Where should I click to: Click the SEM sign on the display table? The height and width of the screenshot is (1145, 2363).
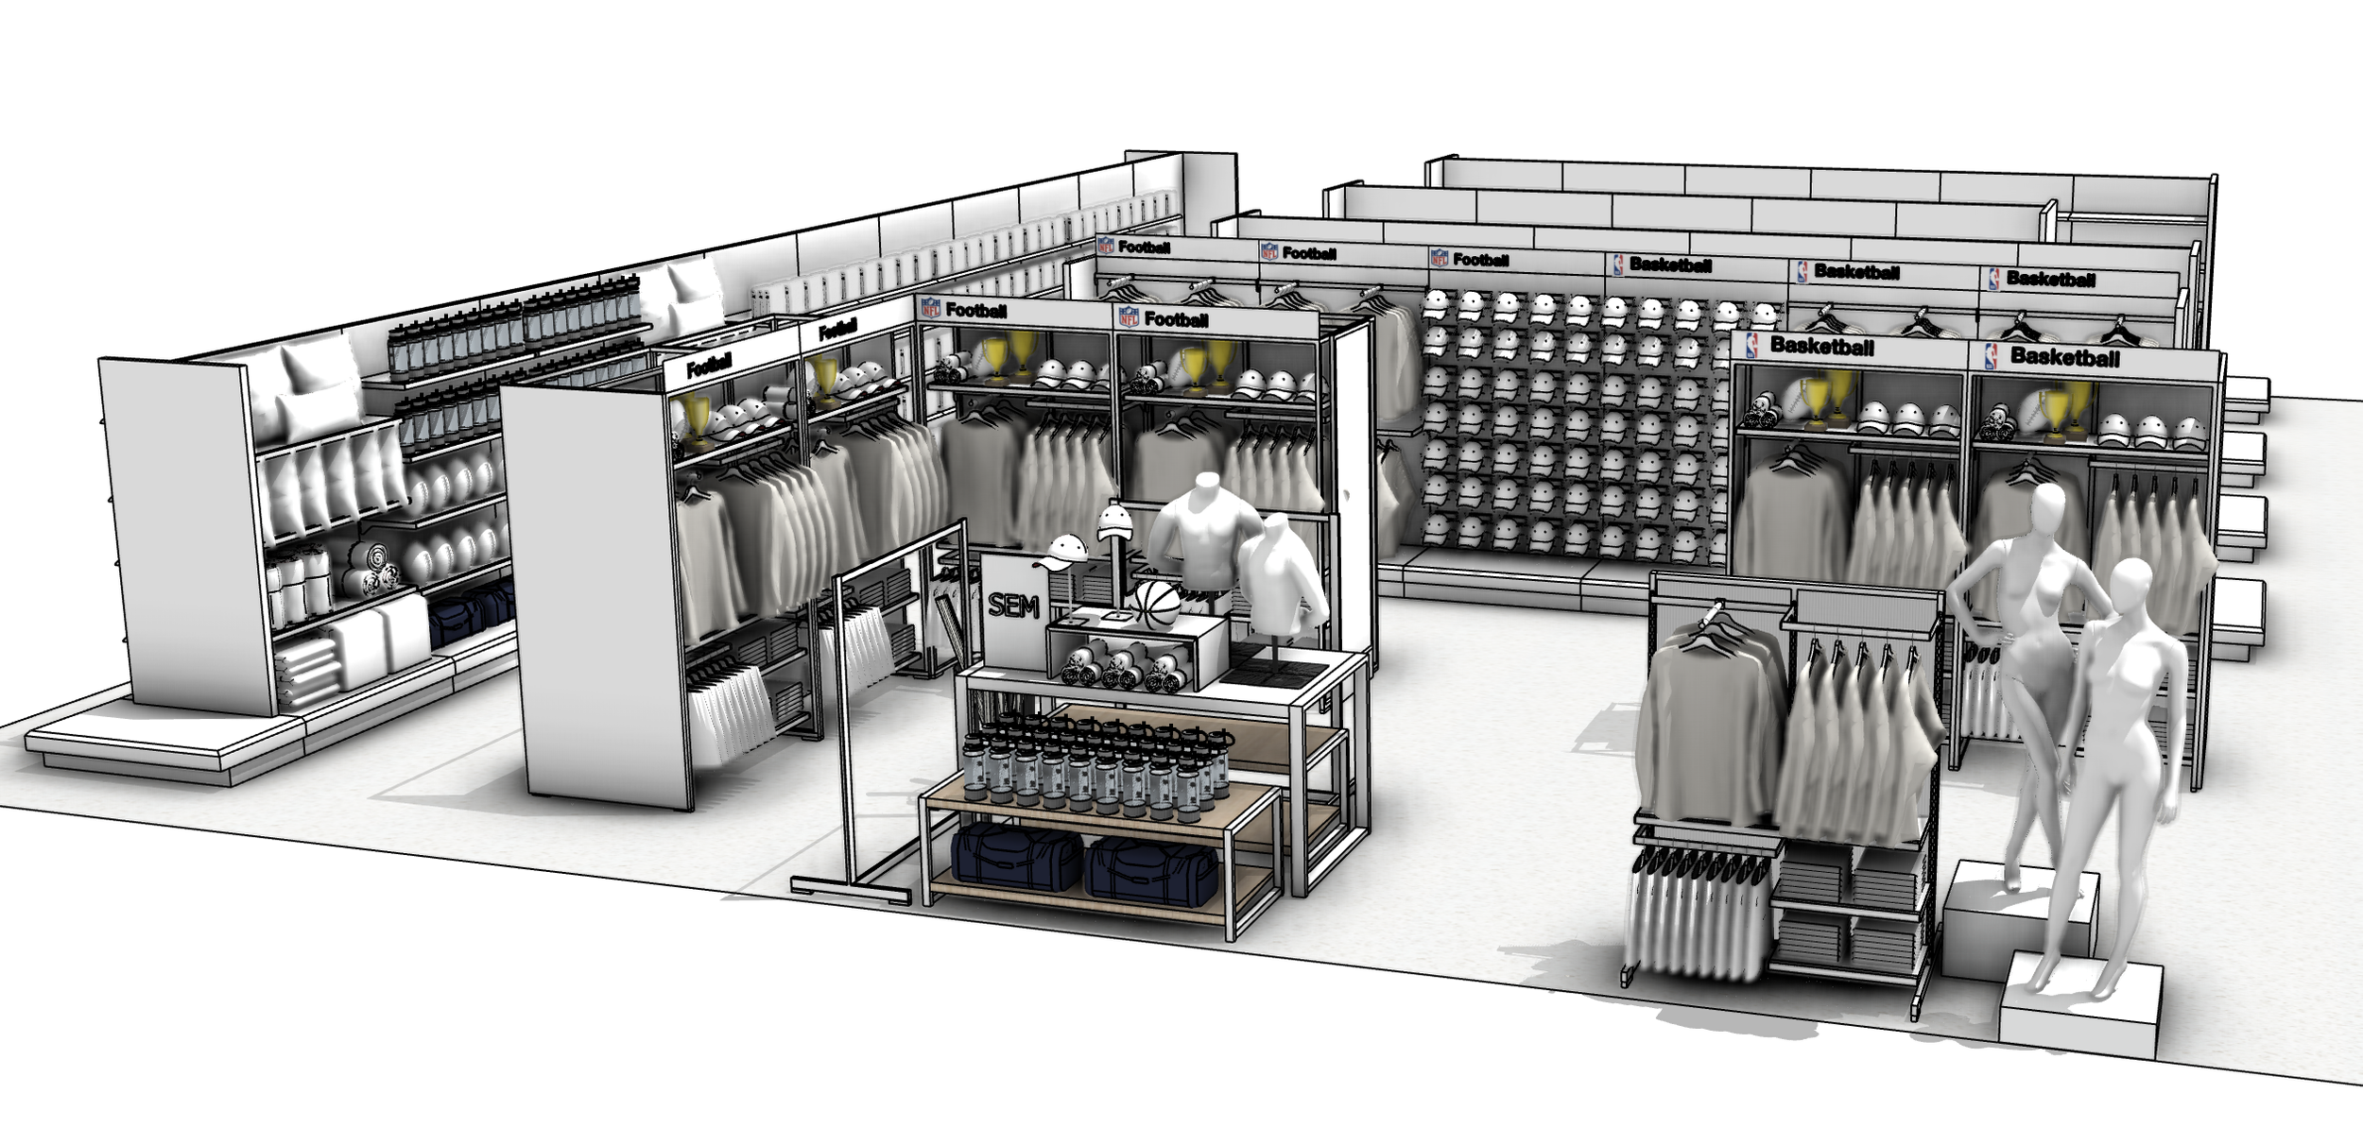coord(1014,607)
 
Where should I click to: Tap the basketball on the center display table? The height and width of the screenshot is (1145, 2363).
coord(1158,605)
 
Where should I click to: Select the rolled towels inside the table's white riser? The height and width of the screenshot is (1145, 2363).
coord(1120,666)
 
